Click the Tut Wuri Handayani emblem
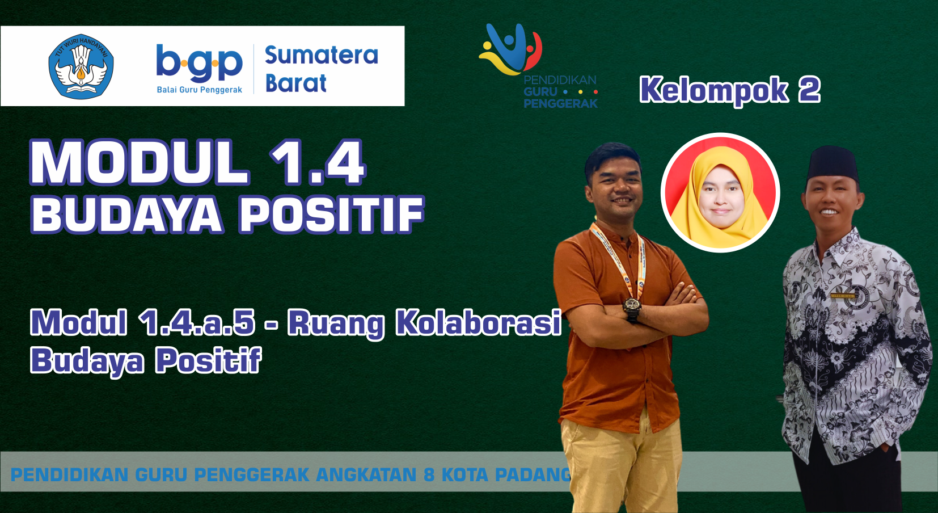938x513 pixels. point(81,66)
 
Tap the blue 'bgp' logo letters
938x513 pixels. point(199,63)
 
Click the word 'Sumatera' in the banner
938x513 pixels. point(321,55)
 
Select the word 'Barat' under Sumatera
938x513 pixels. point(295,83)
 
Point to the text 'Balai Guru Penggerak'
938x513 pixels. point(199,90)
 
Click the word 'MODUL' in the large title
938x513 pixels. point(140,163)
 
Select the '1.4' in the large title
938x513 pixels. point(318,163)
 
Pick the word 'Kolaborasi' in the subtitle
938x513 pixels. point(478,323)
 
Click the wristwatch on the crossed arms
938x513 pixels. point(632,307)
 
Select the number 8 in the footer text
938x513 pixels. point(429,474)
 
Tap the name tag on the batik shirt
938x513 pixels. point(843,296)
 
